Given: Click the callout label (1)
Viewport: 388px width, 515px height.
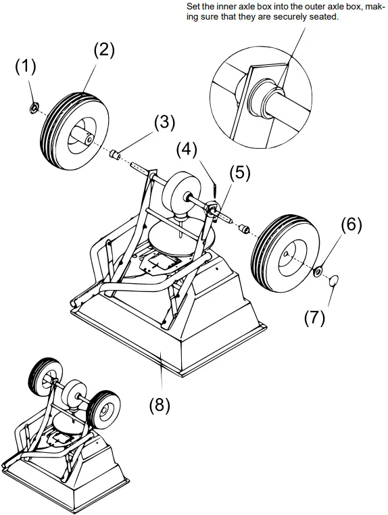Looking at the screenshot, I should [x=26, y=67].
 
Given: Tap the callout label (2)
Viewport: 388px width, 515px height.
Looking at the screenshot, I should [x=103, y=50].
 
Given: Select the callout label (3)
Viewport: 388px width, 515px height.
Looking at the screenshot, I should [x=164, y=123].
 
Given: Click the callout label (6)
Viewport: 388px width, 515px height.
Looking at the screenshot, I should [x=351, y=225].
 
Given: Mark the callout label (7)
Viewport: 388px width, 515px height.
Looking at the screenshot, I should [x=314, y=316].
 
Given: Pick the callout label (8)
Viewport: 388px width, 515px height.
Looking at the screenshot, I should [x=160, y=405].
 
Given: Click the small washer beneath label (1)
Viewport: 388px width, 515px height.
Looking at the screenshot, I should [x=31, y=107].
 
